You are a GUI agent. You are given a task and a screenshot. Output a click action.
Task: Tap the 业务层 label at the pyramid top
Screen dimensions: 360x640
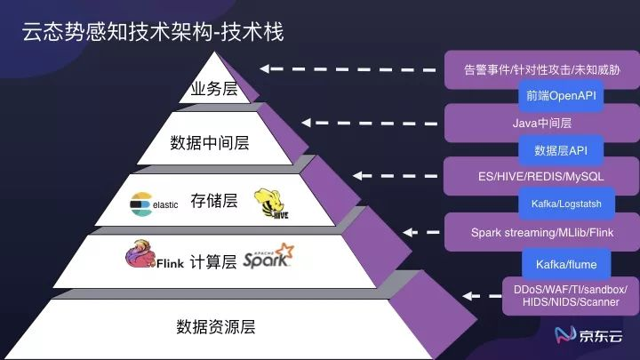[212, 90]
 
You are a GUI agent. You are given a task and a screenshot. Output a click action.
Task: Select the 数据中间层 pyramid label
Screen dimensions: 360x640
[210, 142]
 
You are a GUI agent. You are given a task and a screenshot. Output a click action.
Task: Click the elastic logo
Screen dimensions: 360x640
[154, 203]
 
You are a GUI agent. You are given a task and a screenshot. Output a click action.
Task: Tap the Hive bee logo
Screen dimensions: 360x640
[271, 204]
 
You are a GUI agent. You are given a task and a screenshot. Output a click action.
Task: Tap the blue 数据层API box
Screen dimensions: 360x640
[561, 150]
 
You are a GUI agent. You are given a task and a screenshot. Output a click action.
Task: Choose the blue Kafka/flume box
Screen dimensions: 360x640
[566, 264]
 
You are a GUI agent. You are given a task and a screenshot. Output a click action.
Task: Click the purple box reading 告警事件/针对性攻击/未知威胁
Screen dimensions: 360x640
[541, 69]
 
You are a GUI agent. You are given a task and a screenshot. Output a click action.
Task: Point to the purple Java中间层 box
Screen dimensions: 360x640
[541, 124]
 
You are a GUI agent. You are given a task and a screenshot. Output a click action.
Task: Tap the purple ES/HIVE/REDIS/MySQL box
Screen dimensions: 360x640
[541, 176]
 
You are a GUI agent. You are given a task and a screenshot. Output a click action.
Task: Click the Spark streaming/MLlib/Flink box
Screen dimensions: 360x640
[541, 233]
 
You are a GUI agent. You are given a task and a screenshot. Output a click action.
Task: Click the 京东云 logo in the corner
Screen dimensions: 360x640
[590, 335]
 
